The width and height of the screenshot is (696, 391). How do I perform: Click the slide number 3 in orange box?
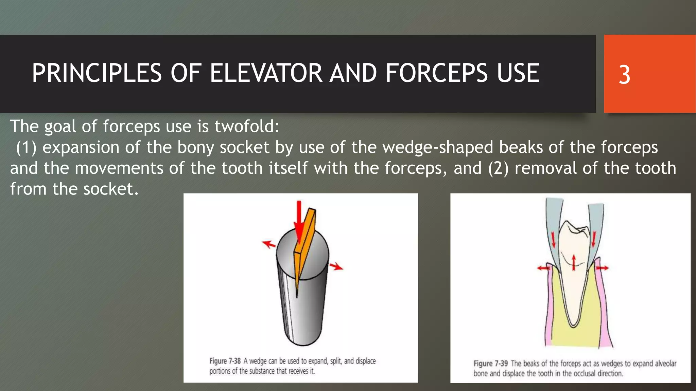(x=624, y=75)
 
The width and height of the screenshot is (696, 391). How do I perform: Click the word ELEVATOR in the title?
(x=266, y=73)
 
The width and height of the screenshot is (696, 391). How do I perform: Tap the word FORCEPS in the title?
(x=436, y=73)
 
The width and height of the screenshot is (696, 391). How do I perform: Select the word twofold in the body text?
(x=246, y=126)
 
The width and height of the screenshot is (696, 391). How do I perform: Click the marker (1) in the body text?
(x=26, y=148)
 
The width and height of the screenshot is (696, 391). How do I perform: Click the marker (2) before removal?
(x=498, y=168)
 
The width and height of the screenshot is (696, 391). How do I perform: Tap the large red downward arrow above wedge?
(x=299, y=221)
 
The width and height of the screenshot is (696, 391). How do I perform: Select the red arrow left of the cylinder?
(x=269, y=244)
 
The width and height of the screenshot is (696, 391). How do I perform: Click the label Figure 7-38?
(x=225, y=361)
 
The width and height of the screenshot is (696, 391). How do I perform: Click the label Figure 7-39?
(x=490, y=364)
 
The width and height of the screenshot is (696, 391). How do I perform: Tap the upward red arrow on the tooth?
(x=574, y=262)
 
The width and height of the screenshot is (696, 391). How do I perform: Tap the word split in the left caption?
(x=336, y=361)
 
